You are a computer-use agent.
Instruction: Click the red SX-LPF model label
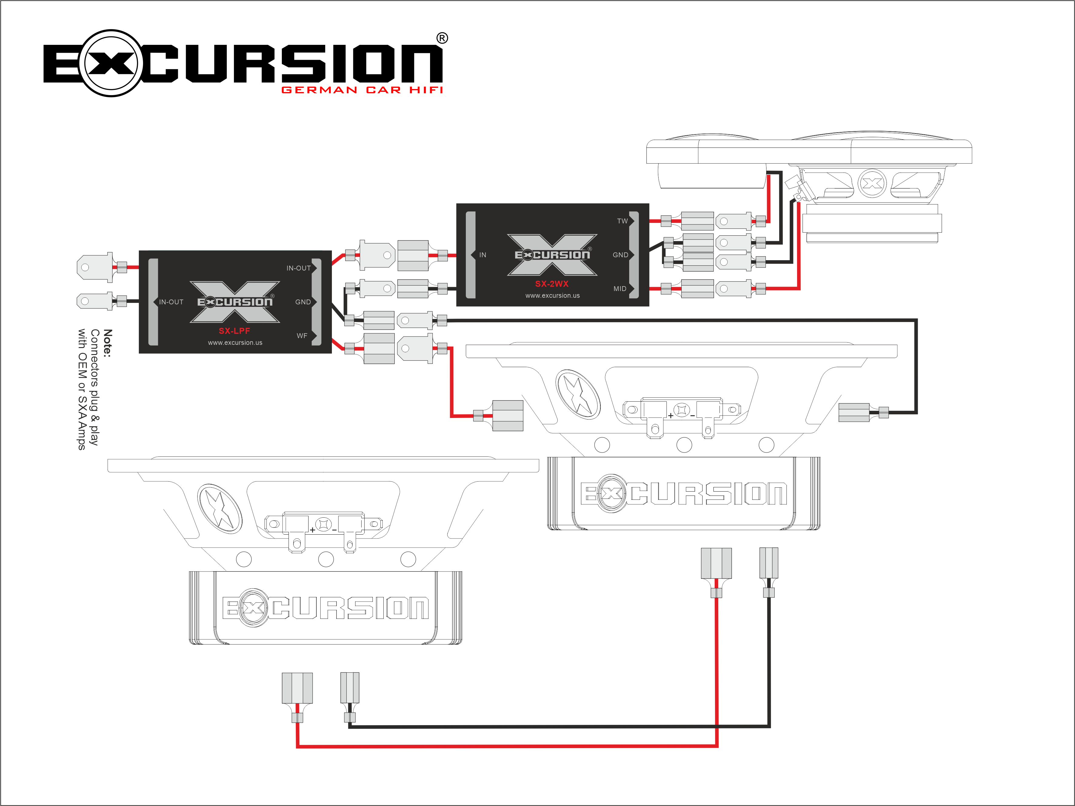[234, 331]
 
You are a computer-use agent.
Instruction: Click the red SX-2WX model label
[552, 284]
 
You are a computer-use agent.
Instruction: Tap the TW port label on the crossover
[622, 221]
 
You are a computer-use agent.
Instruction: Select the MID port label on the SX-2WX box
[619, 289]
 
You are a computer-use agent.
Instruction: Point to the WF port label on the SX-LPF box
[302, 336]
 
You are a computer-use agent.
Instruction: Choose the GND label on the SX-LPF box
[303, 302]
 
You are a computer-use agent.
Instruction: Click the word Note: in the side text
[107, 343]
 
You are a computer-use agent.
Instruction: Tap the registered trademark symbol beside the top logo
[442, 38]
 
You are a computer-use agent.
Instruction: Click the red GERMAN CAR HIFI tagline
[362, 90]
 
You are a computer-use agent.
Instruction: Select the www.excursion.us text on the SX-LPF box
[235, 343]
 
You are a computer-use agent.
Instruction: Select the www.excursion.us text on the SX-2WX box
[552, 295]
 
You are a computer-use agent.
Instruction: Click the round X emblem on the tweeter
[872, 184]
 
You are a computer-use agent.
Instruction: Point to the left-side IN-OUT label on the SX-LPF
[171, 302]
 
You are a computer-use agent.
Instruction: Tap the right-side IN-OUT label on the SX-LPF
[299, 268]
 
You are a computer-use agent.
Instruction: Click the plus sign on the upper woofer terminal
[671, 415]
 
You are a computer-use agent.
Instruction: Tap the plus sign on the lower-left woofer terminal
[312, 529]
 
